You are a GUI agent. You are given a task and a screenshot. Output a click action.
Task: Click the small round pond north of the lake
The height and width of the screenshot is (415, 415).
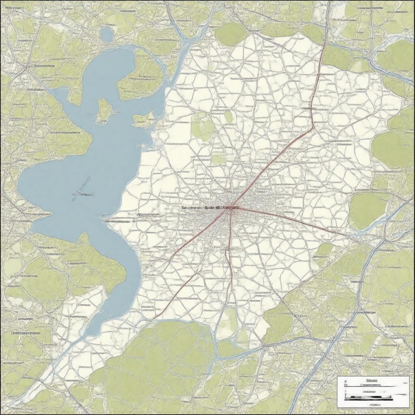click(x=107, y=34)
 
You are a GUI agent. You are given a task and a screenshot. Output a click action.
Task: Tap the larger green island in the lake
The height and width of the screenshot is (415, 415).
click(x=103, y=110)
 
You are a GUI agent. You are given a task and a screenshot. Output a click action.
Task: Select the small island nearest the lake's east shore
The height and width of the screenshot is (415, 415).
click(x=144, y=118)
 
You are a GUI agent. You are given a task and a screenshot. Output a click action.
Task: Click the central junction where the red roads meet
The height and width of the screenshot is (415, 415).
click(x=230, y=207)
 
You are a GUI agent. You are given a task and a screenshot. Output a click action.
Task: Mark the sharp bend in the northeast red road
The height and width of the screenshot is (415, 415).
click(x=313, y=128)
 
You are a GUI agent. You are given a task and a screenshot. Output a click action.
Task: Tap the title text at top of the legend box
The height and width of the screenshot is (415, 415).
click(x=371, y=381)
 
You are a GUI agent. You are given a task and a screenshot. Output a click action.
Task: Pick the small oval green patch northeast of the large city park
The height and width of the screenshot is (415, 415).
click(x=229, y=116)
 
